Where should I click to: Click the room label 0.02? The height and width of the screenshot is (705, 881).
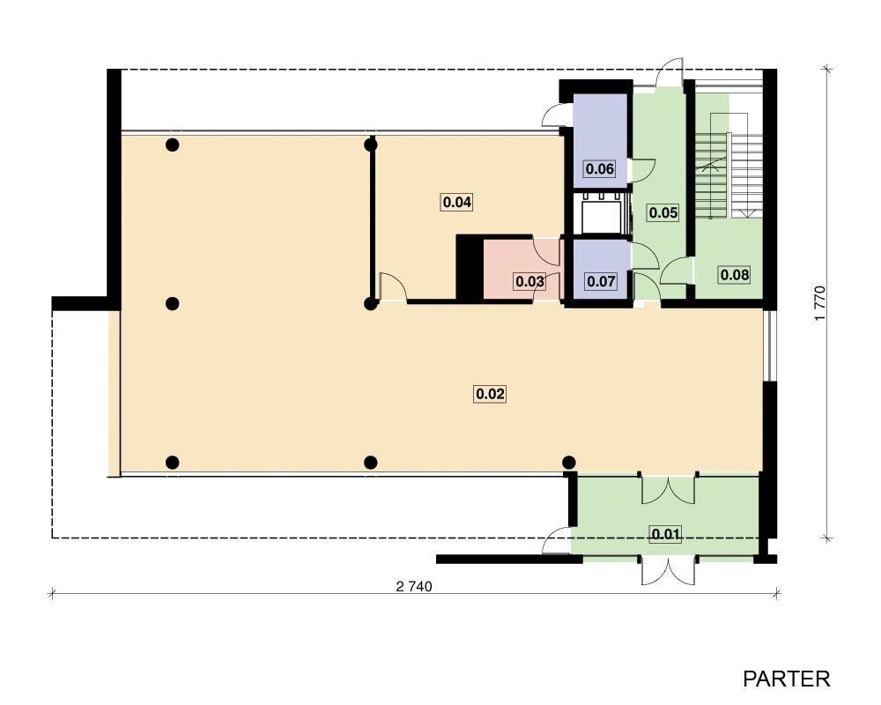pos(490,394)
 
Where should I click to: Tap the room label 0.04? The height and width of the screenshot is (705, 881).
pos(456,202)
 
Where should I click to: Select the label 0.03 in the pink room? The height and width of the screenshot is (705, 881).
pos(529,281)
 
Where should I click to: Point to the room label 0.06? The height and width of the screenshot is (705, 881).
pos(599,168)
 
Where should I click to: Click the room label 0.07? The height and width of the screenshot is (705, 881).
pos(601,280)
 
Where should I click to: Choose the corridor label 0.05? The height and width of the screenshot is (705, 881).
pos(663,212)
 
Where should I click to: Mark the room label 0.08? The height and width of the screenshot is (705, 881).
pos(735,275)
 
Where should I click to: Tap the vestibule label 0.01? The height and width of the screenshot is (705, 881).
pos(666,533)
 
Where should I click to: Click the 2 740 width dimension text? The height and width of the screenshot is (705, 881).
pos(414,587)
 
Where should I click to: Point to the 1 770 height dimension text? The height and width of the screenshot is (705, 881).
pos(820,303)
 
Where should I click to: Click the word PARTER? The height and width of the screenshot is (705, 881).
pos(786,679)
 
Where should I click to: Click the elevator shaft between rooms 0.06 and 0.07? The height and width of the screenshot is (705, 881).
pos(602,213)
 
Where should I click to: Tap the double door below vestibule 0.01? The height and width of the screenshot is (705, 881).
pos(669,571)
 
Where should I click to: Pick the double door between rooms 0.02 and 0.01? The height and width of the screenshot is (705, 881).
pos(669,490)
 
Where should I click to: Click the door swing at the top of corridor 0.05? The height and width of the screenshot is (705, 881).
pos(670,72)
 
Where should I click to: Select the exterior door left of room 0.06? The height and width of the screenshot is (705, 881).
pos(557,115)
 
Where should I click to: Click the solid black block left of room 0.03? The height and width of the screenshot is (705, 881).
pos(470,267)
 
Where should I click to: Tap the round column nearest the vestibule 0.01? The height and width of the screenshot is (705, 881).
pos(568,463)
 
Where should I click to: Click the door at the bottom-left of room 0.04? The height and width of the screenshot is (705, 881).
pos(394,287)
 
